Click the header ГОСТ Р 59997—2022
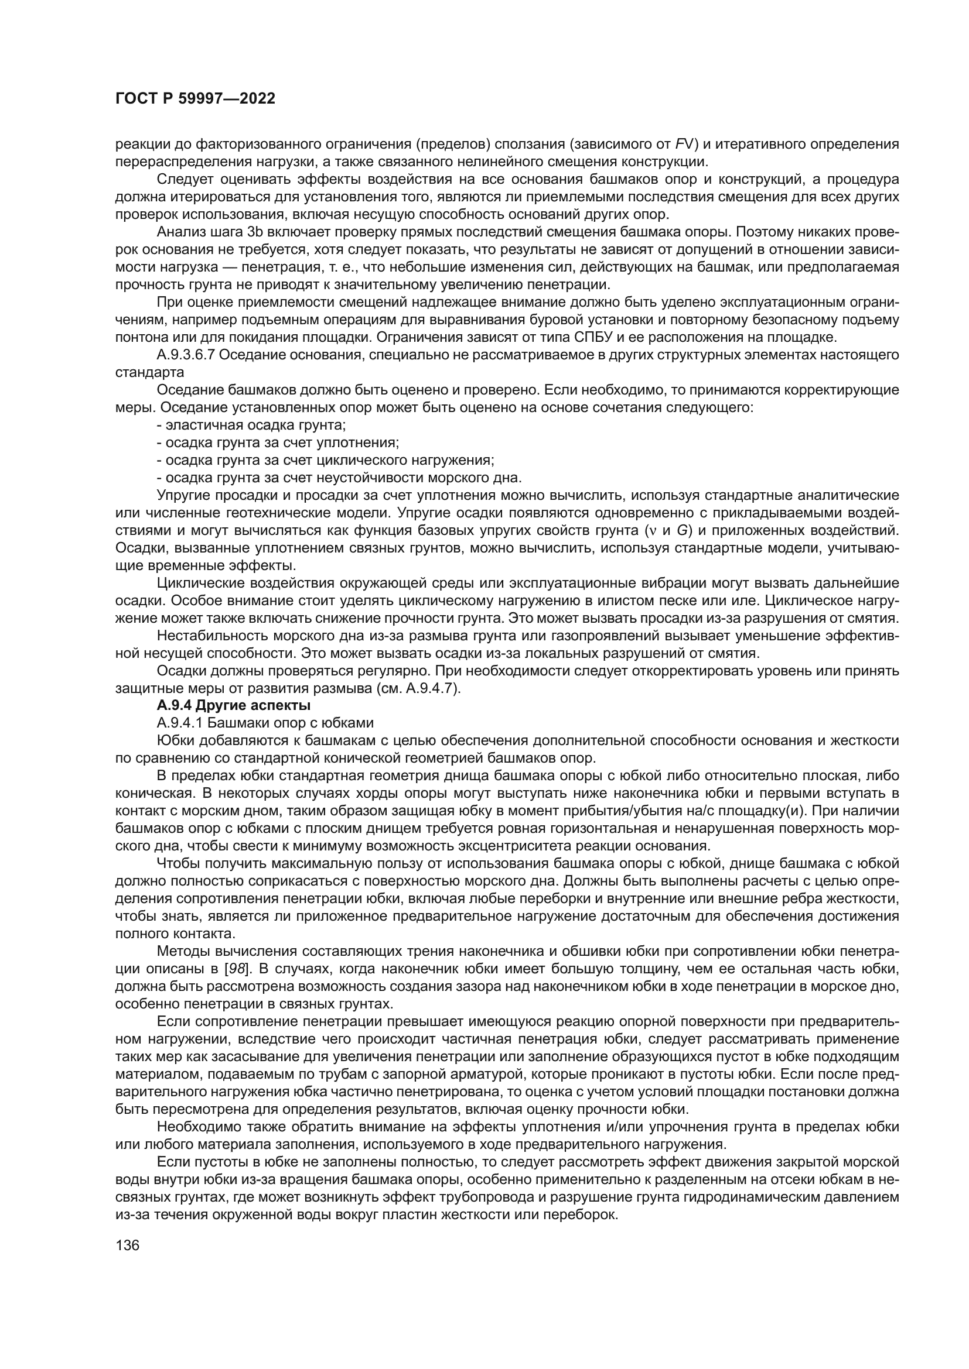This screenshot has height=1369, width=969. click(x=195, y=99)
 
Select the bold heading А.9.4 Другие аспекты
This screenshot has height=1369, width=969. click(x=233, y=705)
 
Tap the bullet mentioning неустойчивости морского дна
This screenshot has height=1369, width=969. click(x=339, y=478)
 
